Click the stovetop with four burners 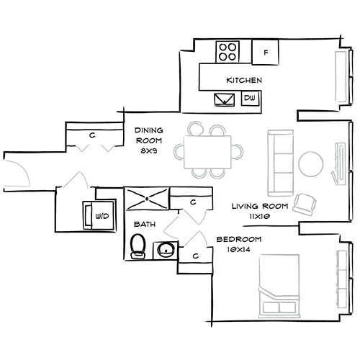click(228, 51)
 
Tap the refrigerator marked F click(265, 52)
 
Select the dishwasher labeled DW click(251, 98)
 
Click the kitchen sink click(225, 99)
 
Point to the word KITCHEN click(244, 80)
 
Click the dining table click(207, 152)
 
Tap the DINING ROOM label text click(149, 135)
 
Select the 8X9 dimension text click(149, 151)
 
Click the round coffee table click(310, 164)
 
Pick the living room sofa click(281, 163)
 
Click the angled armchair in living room click(305, 204)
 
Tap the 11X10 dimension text click(260, 217)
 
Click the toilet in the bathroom click(138, 246)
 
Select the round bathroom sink click(166, 250)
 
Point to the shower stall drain click(147, 199)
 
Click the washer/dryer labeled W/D click(99, 215)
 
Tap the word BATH click(145, 225)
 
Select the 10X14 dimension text click(239, 250)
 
